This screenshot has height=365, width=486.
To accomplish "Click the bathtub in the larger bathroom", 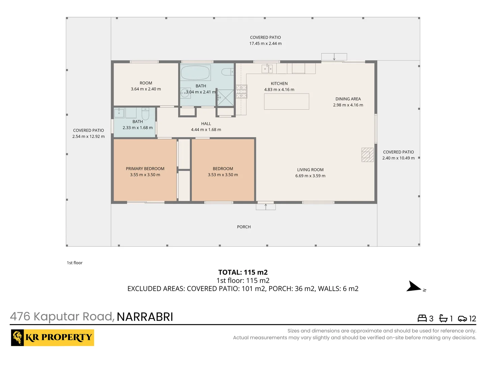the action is tap(196, 72).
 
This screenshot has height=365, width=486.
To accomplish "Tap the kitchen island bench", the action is tap(287, 101).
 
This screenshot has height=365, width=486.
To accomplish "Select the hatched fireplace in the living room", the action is tap(368, 155).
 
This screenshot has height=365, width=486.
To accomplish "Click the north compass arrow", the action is tap(413, 286).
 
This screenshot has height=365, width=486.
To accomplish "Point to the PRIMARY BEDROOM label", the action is tap(145, 169).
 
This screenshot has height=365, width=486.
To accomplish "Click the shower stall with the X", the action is tap(225, 98).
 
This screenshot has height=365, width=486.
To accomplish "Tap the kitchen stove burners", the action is tap(241, 91).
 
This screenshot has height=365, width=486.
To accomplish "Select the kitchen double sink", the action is tap(267, 69).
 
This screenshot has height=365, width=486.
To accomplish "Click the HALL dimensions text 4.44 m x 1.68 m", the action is tap(206, 130).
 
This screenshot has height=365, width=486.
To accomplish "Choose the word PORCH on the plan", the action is tap(244, 227).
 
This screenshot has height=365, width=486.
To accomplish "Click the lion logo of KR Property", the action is tap(18, 338).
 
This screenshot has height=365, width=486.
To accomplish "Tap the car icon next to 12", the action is tap(462, 319).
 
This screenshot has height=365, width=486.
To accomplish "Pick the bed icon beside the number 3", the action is tap(422, 318).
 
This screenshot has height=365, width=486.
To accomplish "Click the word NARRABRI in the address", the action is tap(145, 317).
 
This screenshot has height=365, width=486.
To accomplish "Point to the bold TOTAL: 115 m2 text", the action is tap(243, 272).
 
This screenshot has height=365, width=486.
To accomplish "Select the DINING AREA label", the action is tap(348, 99).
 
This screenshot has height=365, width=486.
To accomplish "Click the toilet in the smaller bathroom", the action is tap(145, 114).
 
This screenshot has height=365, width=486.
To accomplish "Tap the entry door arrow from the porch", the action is tap(266, 206).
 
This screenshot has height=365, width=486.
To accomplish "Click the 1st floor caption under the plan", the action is tap(75, 263).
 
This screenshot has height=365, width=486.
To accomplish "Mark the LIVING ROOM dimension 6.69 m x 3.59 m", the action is tap(310, 176).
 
